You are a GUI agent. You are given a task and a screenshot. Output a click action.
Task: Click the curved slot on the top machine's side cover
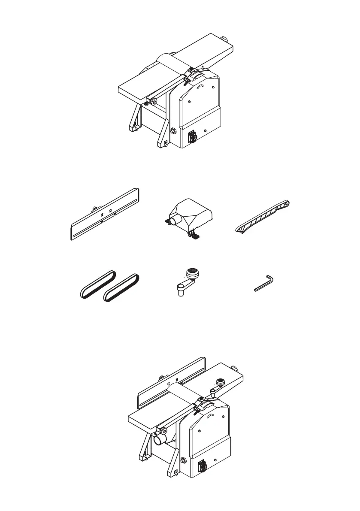click(200, 88)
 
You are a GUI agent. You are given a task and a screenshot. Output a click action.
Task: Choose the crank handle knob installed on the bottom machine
click(220, 381)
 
